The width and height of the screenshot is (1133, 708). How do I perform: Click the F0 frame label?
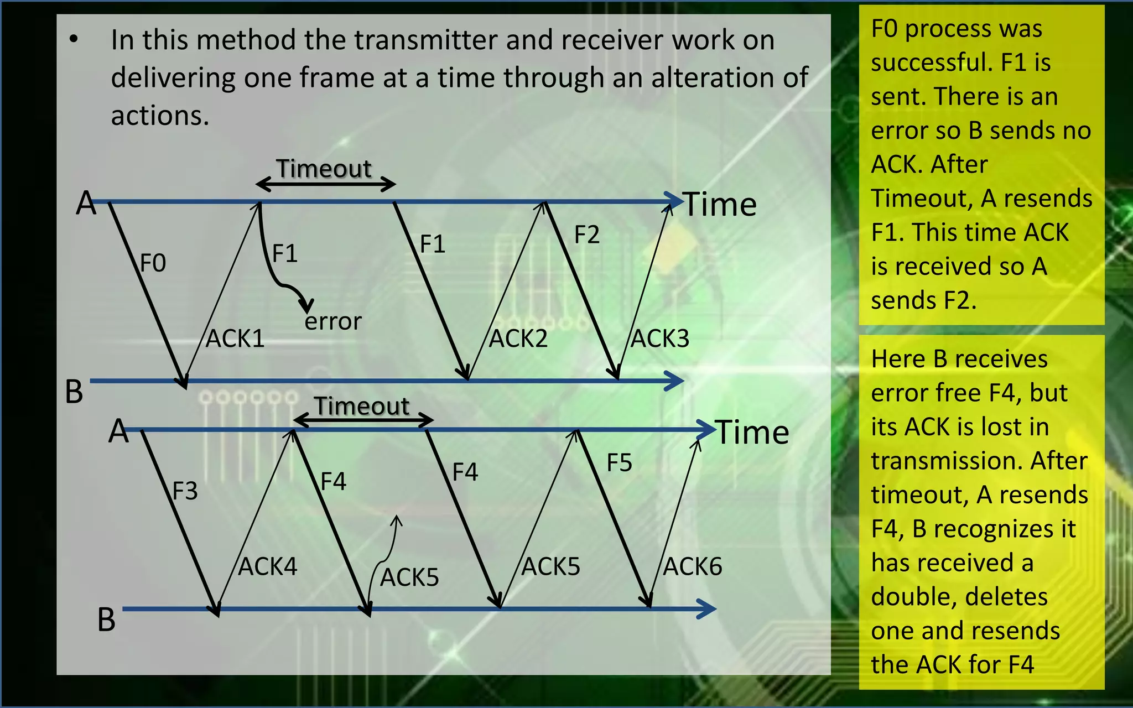[x=153, y=263]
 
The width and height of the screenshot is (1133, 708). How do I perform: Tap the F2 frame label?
[x=586, y=235]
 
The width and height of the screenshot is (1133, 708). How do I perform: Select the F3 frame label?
[x=185, y=491]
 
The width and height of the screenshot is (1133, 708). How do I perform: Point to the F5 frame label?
[x=619, y=463]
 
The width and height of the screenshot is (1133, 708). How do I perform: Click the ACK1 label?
[x=235, y=339]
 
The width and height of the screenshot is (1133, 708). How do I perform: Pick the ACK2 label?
[x=518, y=339]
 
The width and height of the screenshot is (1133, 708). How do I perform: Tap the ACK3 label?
[x=660, y=339]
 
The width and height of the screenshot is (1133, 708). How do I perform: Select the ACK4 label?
[x=268, y=566]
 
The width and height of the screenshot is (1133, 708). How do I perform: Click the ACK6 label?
[x=693, y=566]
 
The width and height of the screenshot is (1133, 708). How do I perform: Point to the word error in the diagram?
[x=333, y=321]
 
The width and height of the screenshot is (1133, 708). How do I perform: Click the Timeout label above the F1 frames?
[x=324, y=169]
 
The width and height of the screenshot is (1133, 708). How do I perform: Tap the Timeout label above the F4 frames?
[x=362, y=407]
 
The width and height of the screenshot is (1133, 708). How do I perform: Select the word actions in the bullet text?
[x=160, y=116]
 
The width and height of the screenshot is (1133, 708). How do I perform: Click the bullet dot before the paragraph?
[x=74, y=40]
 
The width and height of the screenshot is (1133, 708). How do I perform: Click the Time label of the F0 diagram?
[x=720, y=205]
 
